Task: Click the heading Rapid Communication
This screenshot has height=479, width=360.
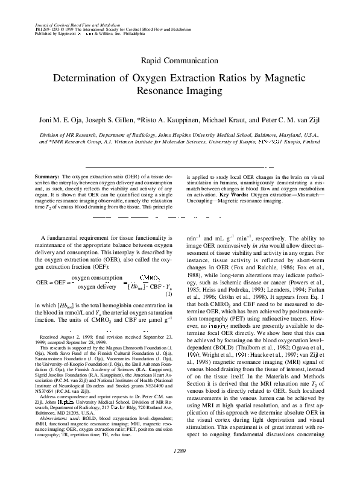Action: pos(180,60)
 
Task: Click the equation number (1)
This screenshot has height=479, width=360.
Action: pos(169,294)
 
